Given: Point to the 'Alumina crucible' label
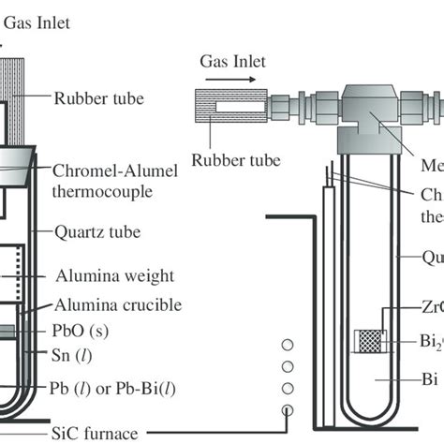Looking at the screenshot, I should click(105, 305).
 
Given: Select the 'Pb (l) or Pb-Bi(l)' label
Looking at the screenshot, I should click(104, 388).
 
